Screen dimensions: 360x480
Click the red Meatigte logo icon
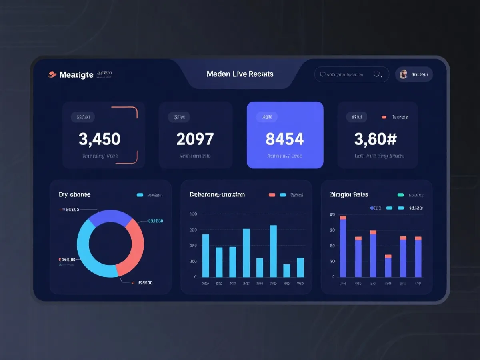(52, 74)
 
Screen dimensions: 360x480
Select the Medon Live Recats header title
(240, 74)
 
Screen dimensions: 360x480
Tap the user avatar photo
(404, 74)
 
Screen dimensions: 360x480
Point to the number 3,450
(100, 139)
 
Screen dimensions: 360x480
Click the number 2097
(195, 139)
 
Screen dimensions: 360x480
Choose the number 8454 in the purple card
(284, 139)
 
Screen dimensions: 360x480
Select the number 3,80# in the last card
(375, 139)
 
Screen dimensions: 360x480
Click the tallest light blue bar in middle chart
(273, 251)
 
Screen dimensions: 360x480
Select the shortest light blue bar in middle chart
(286, 270)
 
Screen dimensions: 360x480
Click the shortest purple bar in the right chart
(388, 267)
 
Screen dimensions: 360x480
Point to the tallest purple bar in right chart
(343, 248)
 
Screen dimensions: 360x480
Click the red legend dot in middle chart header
(272, 195)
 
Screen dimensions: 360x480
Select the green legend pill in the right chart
(400, 195)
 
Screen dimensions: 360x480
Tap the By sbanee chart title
(74, 194)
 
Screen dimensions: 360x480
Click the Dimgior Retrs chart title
(348, 194)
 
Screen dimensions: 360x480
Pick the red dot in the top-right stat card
(384, 117)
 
